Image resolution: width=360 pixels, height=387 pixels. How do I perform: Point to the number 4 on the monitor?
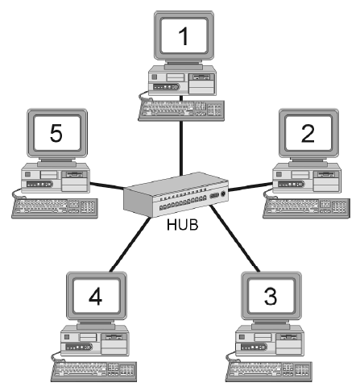[x=95, y=297]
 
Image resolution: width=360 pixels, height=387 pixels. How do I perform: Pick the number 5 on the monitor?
[x=56, y=133]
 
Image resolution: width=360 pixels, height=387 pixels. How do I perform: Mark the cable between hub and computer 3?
[x=238, y=242]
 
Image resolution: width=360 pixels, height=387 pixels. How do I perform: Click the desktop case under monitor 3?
[x=267, y=338]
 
